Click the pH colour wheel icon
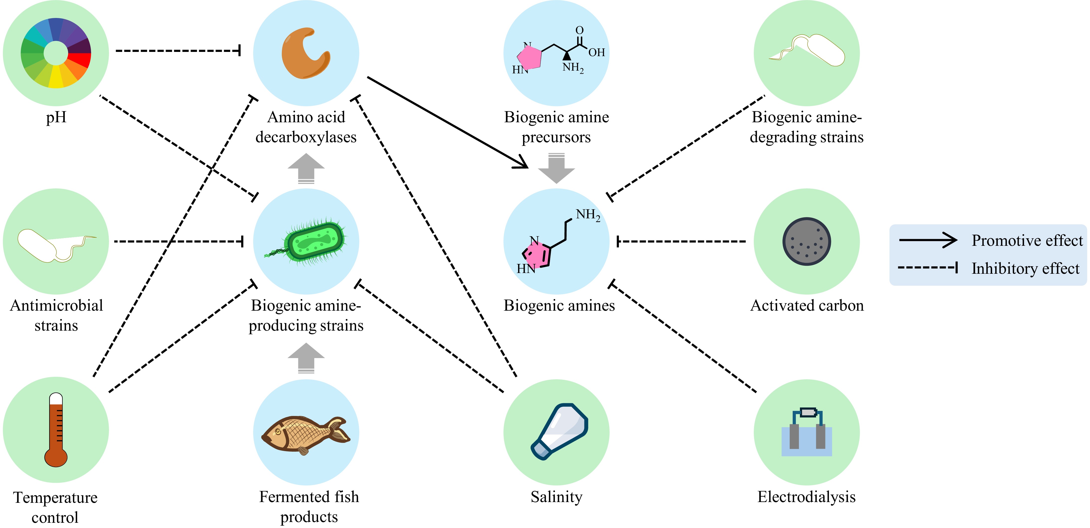tap(56, 53)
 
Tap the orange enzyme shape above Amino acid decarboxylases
tap(305, 53)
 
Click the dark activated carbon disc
tap(806, 241)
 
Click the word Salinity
tap(556, 497)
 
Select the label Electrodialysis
tap(806, 497)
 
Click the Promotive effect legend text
tap(1027, 241)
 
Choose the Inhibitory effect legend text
tap(1025, 268)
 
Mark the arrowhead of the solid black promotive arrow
tap(523, 163)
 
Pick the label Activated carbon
tap(806, 305)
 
